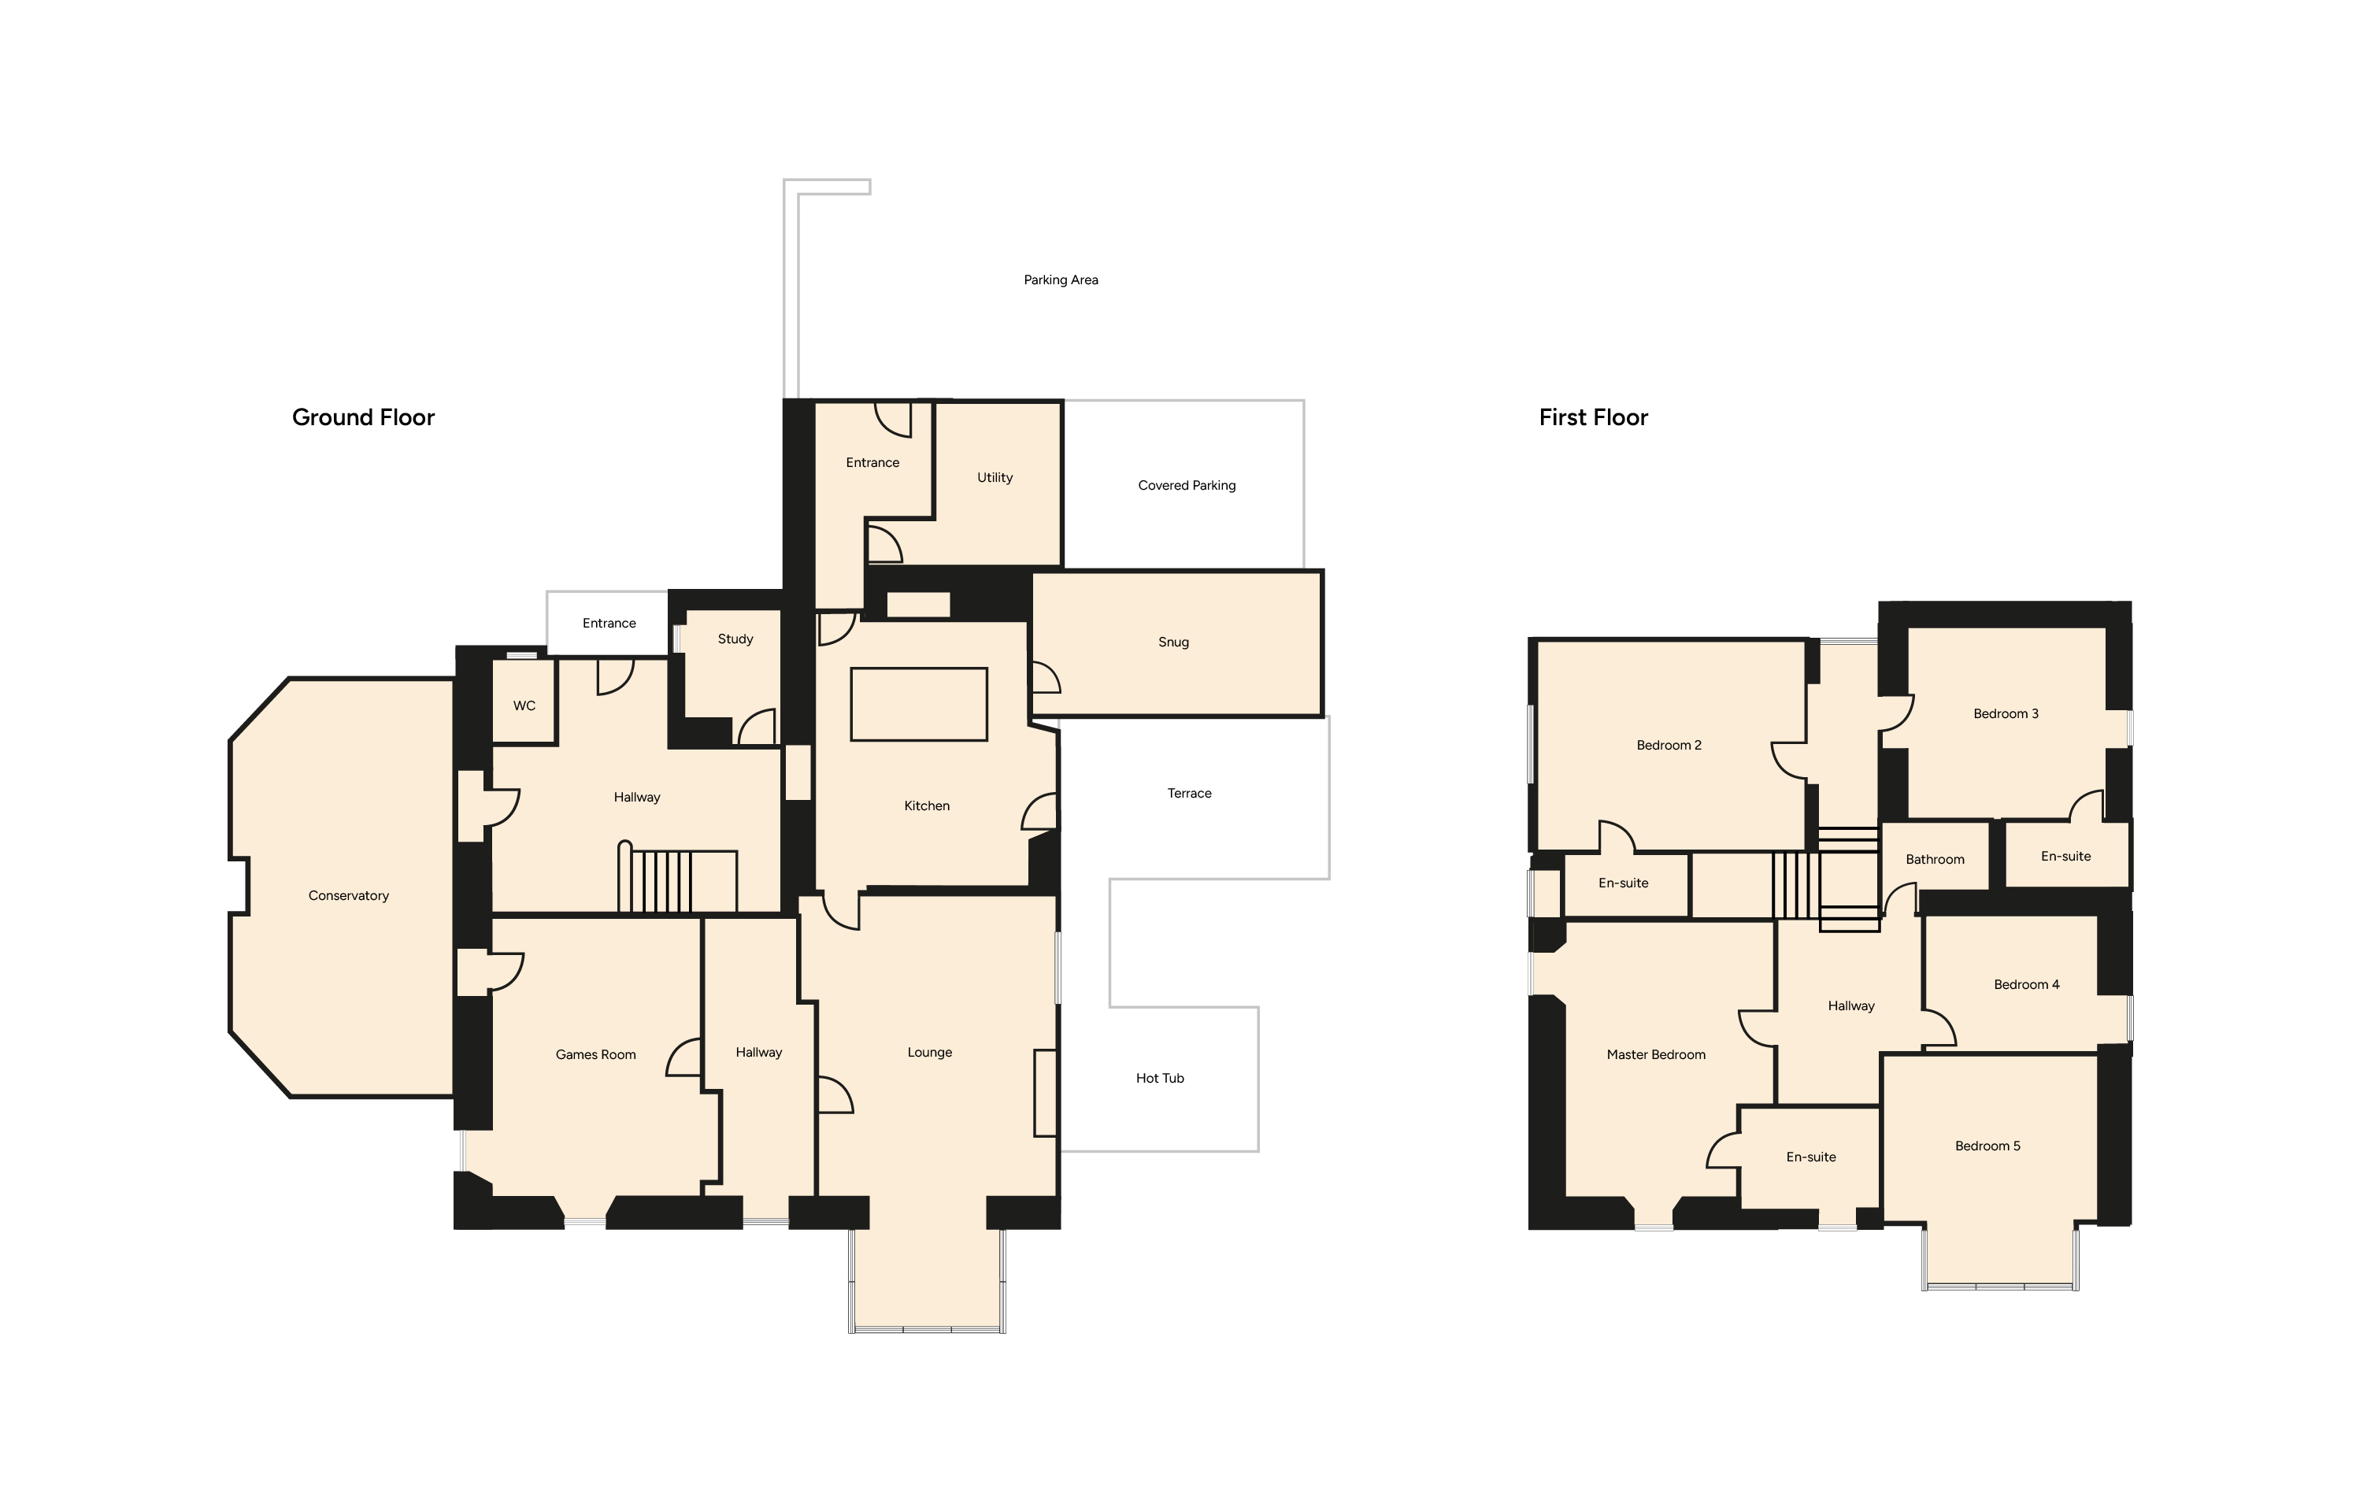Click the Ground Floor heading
[x=363, y=418]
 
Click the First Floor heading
[x=1594, y=418]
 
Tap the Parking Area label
[x=1061, y=280]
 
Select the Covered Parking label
[x=1187, y=486]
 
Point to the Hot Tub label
[x=1160, y=1079]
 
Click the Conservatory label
[x=348, y=895]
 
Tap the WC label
[x=524, y=705]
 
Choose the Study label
[x=735, y=639]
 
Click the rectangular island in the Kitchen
[x=918, y=704]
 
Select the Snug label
[x=1174, y=642]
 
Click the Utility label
[x=995, y=478]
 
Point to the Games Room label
[x=595, y=1055]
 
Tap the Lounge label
[x=930, y=1053]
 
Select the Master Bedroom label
[x=1656, y=1055]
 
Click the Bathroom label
[x=1935, y=859]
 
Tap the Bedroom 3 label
[x=2006, y=713]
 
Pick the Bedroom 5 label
[x=1987, y=1146]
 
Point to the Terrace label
[x=1189, y=794]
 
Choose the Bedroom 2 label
[x=1669, y=745]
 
